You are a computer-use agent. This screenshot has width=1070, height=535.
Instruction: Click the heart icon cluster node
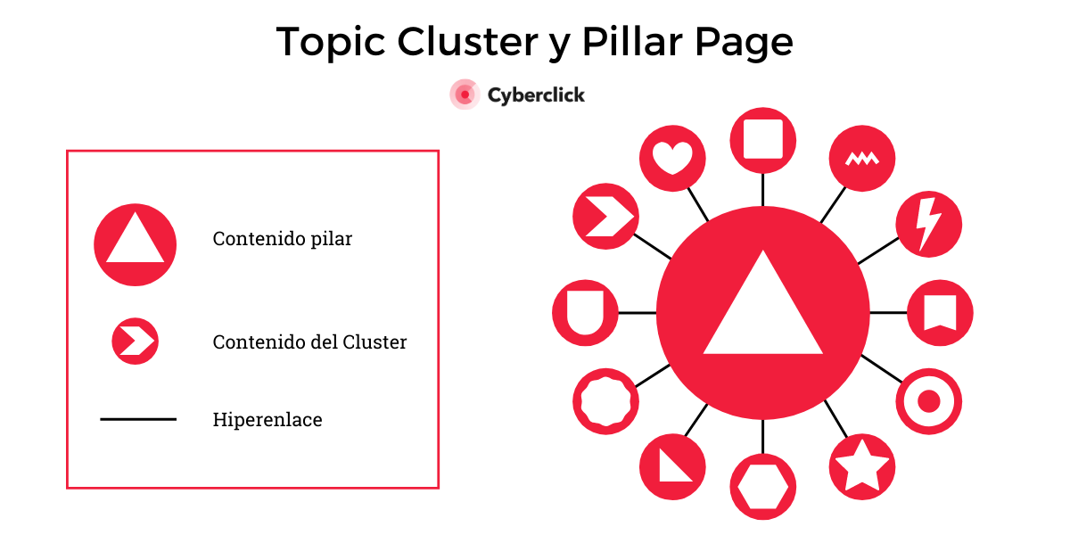[x=672, y=159]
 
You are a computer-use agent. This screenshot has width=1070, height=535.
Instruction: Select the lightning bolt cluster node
[x=928, y=223]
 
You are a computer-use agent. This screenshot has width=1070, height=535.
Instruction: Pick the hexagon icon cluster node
[x=762, y=487]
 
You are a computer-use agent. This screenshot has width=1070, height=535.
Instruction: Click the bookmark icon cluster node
[x=940, y=313]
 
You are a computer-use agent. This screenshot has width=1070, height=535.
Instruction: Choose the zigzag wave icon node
[x=861, y=159]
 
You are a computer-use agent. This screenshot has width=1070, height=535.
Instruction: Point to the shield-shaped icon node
[x=585, y=313]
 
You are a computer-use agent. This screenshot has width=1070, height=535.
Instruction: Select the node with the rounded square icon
[x=762, y=139]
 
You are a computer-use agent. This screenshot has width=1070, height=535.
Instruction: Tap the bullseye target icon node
[x=928, y=401]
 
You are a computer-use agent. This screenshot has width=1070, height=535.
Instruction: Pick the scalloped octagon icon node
[x=606, y=401]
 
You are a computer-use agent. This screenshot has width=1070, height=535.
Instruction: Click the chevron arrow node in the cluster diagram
[x=606, y=217]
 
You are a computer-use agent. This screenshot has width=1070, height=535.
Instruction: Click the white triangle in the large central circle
[x=762, y=312]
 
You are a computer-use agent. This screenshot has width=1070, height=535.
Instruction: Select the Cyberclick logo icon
[x=465, y=95]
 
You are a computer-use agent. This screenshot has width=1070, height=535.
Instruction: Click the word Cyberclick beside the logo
[x=536, y=95]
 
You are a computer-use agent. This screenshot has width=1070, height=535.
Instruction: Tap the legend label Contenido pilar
[x=282, y=239]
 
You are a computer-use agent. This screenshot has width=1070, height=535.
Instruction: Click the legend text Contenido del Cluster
[x=309, y=342]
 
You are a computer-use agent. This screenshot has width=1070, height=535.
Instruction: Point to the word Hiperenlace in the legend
[x=267, y=419]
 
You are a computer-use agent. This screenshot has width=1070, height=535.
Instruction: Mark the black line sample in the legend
[x=137, y=419]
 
